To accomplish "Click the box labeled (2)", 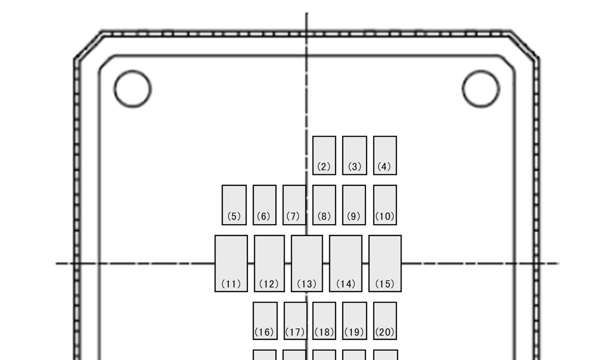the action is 324,156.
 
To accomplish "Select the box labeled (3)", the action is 355,156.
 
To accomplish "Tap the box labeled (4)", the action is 385,156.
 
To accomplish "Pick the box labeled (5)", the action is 234,205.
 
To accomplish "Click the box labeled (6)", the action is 265,205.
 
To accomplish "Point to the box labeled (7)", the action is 294,205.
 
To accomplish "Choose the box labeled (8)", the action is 324,205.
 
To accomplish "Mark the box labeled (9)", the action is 354,205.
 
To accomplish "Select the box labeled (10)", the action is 385,205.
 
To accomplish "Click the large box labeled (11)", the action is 231,263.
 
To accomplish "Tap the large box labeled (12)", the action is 269,263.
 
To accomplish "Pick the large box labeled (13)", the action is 307,263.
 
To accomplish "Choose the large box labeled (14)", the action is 346,263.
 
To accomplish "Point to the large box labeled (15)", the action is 385,263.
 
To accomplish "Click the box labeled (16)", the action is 265,321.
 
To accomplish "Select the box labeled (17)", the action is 295,321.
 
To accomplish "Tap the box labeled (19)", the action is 355,321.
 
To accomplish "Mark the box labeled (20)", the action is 385,321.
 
